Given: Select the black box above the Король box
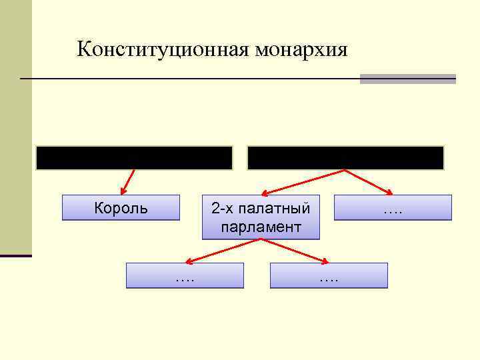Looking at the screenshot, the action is coord(134,158).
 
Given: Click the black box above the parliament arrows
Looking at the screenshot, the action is coord(345,158).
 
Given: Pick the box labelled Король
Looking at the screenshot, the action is coord(121,207).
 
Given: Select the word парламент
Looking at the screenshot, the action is coord(261,227).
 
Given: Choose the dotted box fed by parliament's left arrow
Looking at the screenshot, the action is coord(185,275).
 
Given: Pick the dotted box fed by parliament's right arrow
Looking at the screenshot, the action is coord(329,275).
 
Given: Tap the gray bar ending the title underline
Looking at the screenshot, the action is coord(407,79).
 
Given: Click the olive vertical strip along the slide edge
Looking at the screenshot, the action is coord(15,127).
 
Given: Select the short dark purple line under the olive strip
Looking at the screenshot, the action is coord(15,255).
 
